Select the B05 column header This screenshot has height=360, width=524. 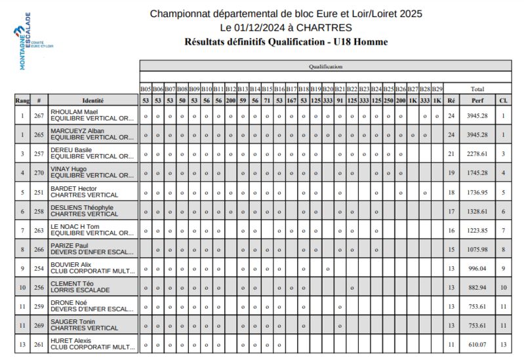pyautogui.click(x=146, y=89)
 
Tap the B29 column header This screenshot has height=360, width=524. pyautogui.click(x=437, y=89)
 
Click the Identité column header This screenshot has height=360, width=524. pyautogui.click(x=92, y=100)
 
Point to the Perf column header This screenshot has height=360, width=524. pyautogui.click(x=477, y=100)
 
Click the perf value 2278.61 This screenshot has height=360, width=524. pyautogui.click(x=477, y=153)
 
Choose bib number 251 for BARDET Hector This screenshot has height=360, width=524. pyautogui.click(x=39, y=192)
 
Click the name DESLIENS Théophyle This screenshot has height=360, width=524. pyautogui.click(x=82, y=207)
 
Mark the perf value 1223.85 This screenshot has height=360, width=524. pyautogui.click(x=477, y=230)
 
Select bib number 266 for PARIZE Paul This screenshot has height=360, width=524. pyautogui.click(x=39, y=249)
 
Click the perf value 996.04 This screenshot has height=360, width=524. pyautogui.click(x=477, y=268)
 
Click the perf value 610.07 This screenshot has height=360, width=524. pyautogui.click(x=477, y=344)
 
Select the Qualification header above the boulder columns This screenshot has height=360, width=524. pyautogui.click(x=325, y=66)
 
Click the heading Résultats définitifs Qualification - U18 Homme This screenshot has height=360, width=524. pyautogui.click(x=287, y=42)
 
